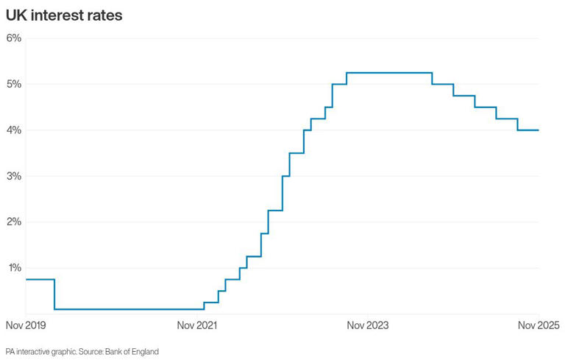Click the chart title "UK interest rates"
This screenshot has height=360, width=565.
(64, 15)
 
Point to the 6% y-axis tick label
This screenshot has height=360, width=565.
(14, 38)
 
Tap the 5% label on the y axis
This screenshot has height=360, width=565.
(14, 84)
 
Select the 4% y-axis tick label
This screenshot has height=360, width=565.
(14, 130)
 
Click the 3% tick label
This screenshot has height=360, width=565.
(14, 176)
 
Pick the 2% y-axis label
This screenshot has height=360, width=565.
(14, 222)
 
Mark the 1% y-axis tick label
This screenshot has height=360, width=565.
(14, 268)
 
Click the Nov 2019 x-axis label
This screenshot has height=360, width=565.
(25, 325)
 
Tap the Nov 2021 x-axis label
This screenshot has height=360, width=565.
(196, 325)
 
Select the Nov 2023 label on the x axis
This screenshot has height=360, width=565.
(368, 325)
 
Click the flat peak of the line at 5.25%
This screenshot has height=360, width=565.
(388, 73)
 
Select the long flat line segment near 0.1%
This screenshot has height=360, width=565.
(129, 309)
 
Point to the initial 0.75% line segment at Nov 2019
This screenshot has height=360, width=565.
(40, 280)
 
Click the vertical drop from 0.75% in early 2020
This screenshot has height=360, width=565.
(54, 294)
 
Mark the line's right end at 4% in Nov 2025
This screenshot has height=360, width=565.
(539, 130)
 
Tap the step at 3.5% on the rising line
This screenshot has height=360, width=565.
(296, 153)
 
